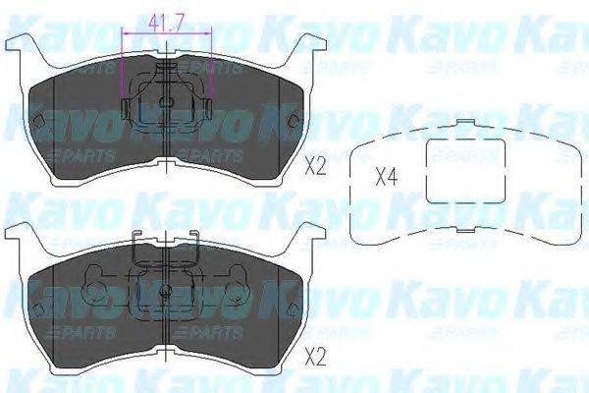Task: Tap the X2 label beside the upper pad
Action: [x=315, y=166]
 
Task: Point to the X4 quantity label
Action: [x=387, y=178]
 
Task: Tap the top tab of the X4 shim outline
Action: [x=462, y=124]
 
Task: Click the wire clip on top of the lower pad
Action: [x=168, y=242]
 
